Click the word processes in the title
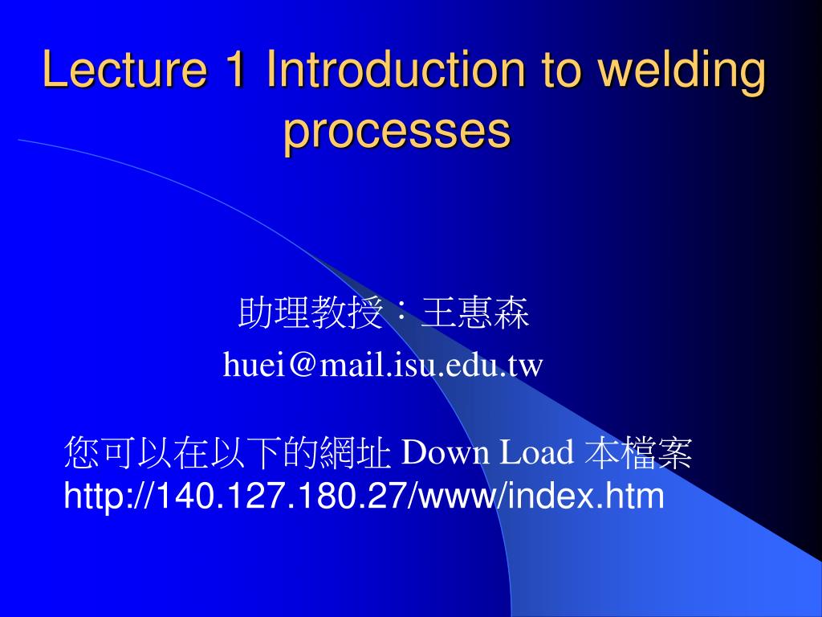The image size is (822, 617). coord(397,130)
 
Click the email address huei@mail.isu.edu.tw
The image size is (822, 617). coord(384,366)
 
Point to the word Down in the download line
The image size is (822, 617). coord(445,454)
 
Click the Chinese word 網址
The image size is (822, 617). coord(355,454)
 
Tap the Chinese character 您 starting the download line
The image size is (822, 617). coord(80,454)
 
